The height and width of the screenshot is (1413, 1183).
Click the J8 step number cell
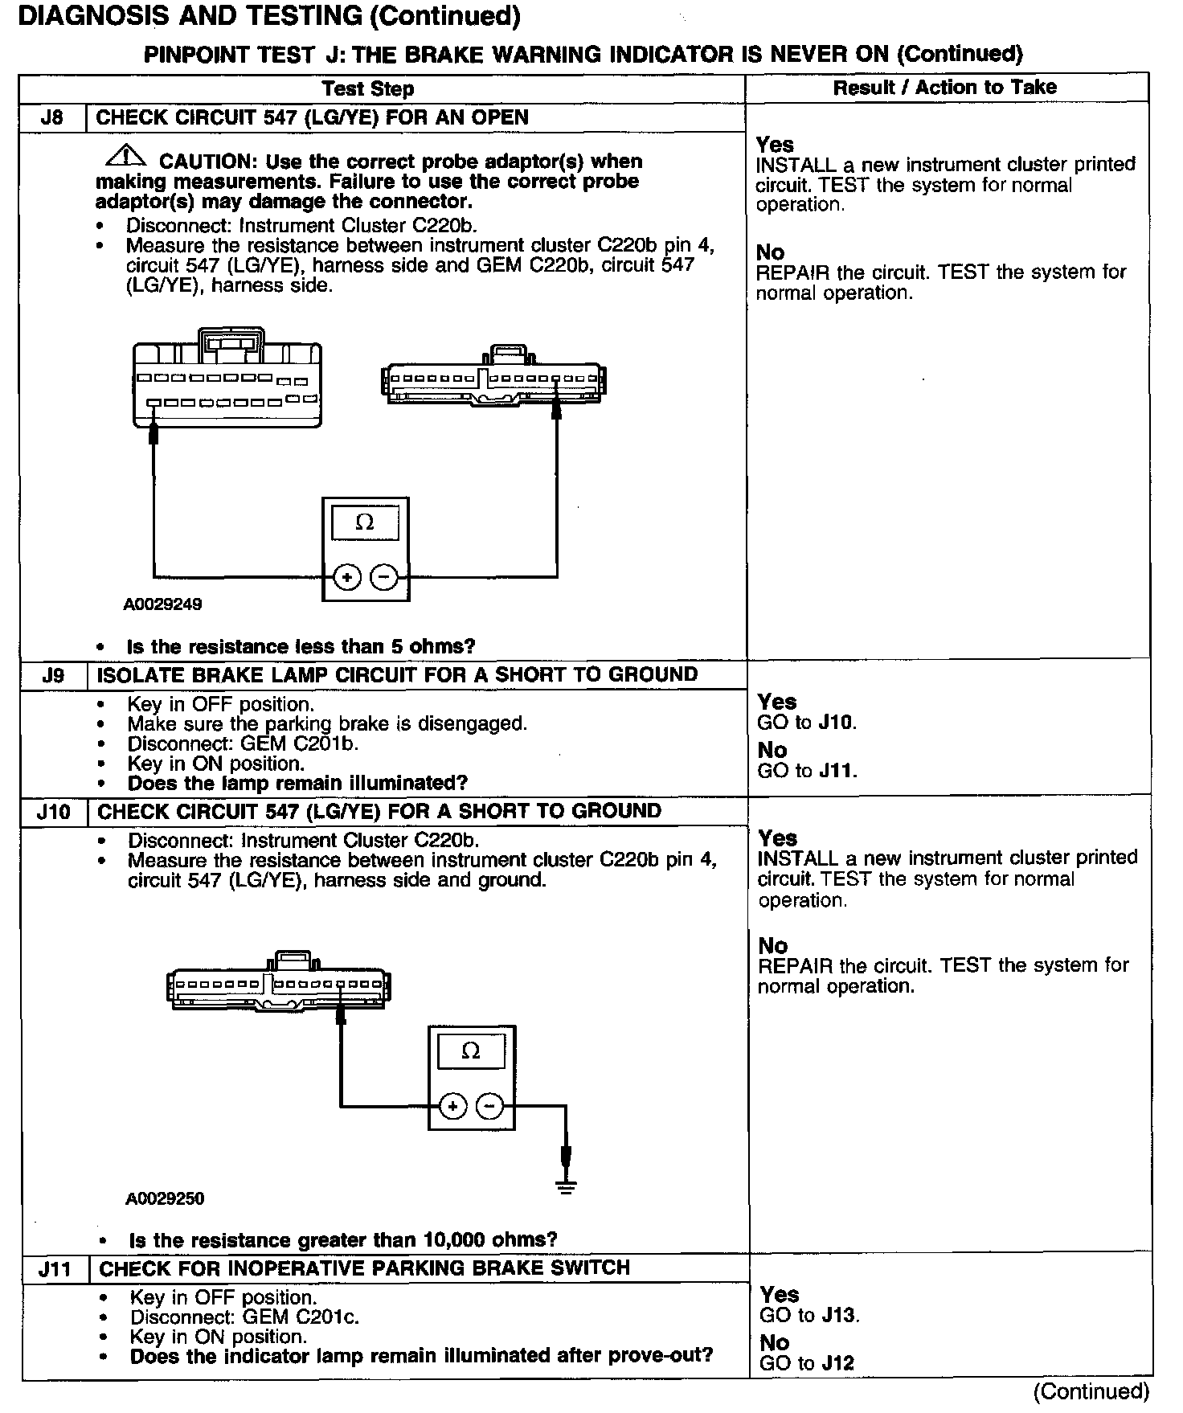[51, 117]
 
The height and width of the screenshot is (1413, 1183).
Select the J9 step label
[53, 675]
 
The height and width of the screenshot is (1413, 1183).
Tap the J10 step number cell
[53, 812]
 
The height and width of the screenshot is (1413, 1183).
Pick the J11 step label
[55, 1270]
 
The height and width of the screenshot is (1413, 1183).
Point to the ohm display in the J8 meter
[365, 522]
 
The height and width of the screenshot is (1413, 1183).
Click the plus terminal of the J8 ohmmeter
[346, 577]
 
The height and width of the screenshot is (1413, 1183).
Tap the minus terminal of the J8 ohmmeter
[383, 577]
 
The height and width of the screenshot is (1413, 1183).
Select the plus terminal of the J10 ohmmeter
[453, 1107]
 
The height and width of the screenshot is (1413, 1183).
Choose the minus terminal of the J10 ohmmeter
[490, 1107]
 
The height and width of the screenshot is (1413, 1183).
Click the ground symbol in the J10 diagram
[567, 1186]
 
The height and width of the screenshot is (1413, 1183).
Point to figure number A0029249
[162, 604]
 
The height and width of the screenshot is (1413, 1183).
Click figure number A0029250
[165, 1198]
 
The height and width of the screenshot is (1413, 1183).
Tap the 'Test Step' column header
[368, 88]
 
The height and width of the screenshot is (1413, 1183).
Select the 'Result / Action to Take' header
[944, 88]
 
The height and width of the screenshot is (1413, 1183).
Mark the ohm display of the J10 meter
[471, 1051]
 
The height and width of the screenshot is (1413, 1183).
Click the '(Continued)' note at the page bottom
[1091, 1390]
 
